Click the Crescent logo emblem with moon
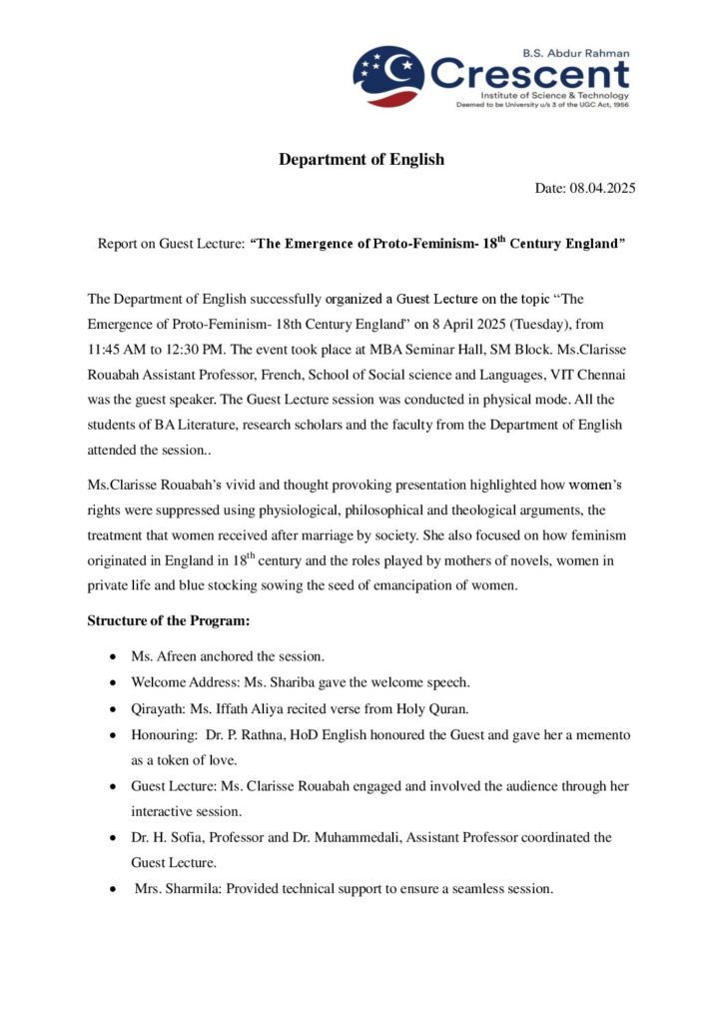click(x=388, y=76)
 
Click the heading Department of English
click(x=361, y=159)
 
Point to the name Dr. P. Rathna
click(x=243, y=734)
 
